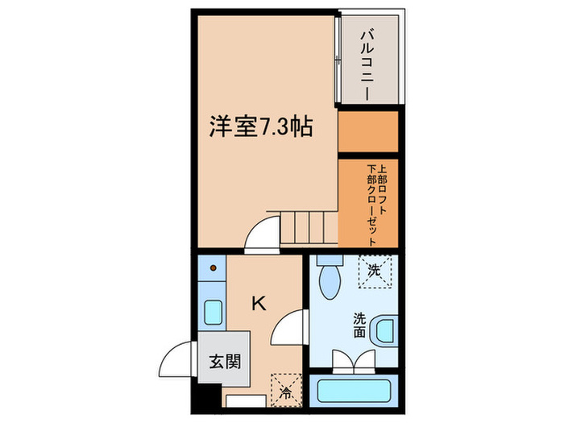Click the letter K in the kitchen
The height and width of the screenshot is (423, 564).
pos(259,304)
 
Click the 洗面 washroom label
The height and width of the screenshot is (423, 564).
pos(359,325)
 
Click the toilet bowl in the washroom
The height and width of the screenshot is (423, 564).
pos(330,283)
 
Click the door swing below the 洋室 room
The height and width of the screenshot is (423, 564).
pos(263,238)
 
